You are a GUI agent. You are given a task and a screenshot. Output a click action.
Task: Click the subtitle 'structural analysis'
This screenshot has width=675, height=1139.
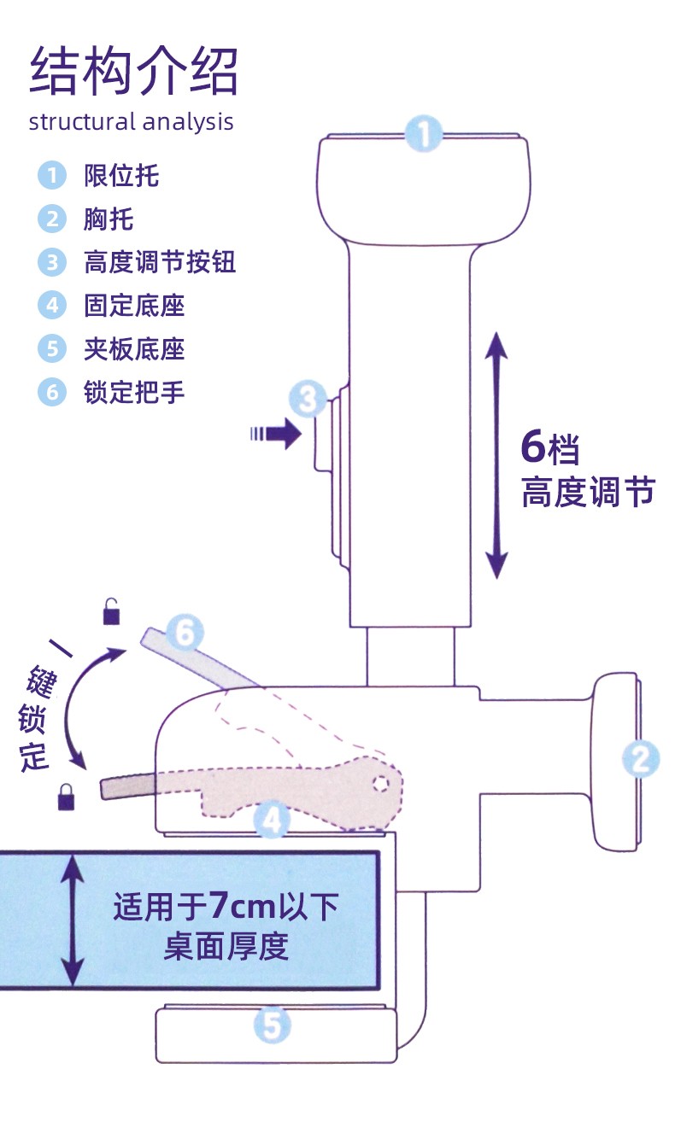coord(131,121)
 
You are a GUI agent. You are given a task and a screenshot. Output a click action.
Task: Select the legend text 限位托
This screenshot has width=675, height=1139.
coord(121,176)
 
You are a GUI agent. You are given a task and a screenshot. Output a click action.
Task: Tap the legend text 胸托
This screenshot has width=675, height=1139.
coord(109,219)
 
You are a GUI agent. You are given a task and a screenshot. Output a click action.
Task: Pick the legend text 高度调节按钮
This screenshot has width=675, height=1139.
coord(159,261)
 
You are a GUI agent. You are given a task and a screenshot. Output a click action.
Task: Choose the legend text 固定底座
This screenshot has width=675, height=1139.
coord(134,305)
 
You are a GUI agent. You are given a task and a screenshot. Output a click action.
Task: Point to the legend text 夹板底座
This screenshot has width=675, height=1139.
coord(134,348)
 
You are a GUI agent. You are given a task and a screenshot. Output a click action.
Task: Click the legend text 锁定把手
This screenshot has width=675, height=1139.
coord(134,392)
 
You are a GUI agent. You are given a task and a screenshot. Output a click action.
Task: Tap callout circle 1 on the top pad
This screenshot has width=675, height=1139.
coord(424,134)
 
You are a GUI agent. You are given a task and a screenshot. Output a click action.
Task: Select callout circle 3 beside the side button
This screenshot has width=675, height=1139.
coord(308,397)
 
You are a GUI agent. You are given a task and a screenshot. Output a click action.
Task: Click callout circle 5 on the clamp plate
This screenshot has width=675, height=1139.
coord(272,1025)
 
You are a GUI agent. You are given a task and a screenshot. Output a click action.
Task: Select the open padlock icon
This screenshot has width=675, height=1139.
coord(112,611)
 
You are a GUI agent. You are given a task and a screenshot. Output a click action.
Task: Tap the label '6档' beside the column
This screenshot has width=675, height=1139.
coord(551,448)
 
